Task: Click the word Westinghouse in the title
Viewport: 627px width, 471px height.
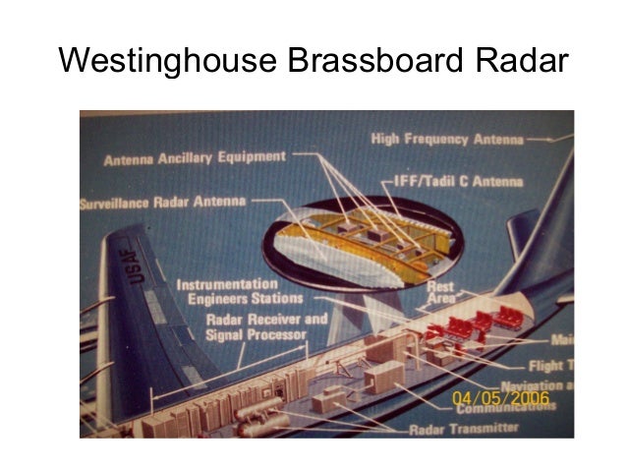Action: (167, 60)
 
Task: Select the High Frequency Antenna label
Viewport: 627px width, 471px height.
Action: (446, 140)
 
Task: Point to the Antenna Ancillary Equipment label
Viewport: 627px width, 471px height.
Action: (194, 157)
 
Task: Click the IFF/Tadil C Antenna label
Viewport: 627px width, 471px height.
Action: (451, 181)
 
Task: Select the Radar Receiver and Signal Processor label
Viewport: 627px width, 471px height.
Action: (265, 325)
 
